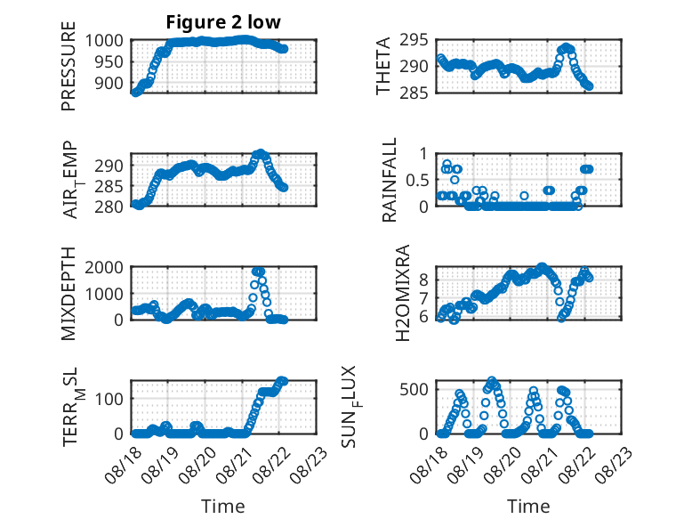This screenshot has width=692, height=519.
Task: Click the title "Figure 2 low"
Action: pos(223,22)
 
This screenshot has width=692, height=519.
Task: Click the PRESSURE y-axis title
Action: pos(68,66)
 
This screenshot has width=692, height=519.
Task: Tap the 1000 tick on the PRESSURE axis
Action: pos(104,41)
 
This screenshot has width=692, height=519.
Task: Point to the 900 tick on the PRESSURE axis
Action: pos(109,83)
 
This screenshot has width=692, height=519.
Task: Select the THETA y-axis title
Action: pos(383,66)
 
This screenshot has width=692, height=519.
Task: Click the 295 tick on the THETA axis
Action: pos(414,41)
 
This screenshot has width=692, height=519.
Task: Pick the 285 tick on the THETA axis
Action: pos(414,93)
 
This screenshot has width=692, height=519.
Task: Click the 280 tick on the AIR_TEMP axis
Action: pos(109,207)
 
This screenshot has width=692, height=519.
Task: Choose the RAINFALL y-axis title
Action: pos(390,180)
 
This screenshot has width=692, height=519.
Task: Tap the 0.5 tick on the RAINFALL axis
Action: pos(417,180)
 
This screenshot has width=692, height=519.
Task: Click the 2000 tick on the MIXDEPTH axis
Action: pos(104,267)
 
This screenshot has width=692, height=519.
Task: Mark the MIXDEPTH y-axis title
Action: pos(68,294)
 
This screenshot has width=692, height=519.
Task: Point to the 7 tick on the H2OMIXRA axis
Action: pos(423,298)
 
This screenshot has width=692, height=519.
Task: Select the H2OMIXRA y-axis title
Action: pos(403,293)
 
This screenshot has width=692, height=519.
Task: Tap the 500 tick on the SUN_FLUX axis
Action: pos(414,390)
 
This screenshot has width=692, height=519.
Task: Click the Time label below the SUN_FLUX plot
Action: pos(528,507)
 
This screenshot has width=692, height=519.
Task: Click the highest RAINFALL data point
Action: pos(447,165)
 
